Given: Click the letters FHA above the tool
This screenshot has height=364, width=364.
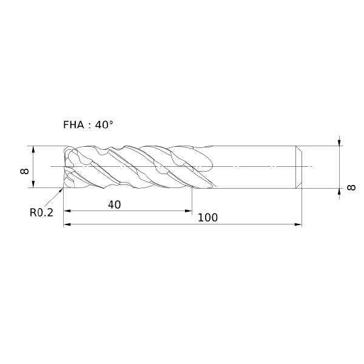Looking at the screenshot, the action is (73, 125).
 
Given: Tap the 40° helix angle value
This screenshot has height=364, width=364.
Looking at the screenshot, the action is (104, 124).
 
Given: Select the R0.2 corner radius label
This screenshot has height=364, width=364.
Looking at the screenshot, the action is (41, 212).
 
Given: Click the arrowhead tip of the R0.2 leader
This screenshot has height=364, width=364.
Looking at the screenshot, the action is (63, 188).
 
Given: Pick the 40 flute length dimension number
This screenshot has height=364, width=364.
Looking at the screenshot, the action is (115, 205).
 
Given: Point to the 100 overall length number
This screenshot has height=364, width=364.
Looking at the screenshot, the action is (207, 218).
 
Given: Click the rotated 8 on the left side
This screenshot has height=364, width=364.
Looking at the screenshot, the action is (24, 171).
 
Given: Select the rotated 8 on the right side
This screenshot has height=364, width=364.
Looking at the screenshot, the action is (351, 187).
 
